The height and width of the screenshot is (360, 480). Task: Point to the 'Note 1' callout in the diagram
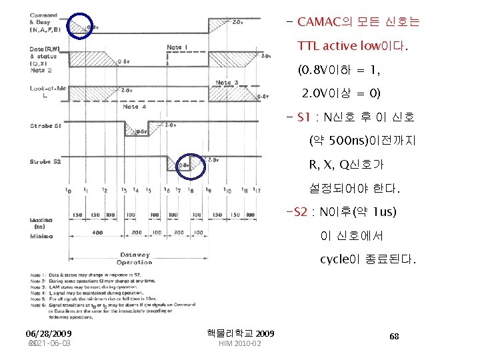click(x=177, y=47)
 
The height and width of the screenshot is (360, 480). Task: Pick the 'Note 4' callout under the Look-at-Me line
click(x=131, y=107)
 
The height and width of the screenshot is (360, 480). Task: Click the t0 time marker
click(x=69, y=190)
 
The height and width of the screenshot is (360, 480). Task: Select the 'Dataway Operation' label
click(x=135, y=258)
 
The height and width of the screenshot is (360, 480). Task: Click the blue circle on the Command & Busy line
click(x=83, y=26)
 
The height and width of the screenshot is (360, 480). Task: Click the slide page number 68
click(x=395, y=336)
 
